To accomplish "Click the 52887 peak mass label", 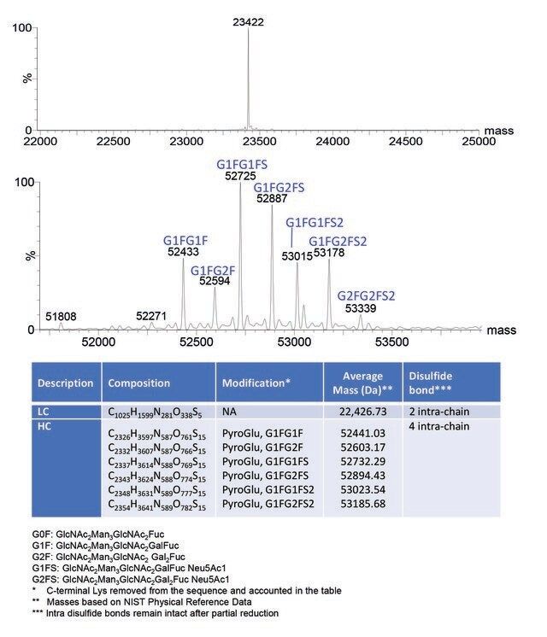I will pyautogui.click(x=273, y=197).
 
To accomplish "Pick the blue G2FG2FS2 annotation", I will pyautogui.click(x=367, y=295).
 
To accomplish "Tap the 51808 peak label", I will pyautogui.click(x=61, y=317).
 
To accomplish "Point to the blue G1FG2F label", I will pyautogui.click(x=213, y=271).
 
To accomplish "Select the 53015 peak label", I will pyautogui.click(x=296, y=255).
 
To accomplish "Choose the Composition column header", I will pyautogui.click(x=138, y=383).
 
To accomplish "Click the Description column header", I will pyautogui.click(x=65, y=383).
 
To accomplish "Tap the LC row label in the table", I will pyautogui.click(x=44, y=412).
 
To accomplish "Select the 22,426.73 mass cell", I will pyautogui.click(x=362, y=412).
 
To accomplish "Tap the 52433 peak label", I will pyautogui.click(x=183, y=253).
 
